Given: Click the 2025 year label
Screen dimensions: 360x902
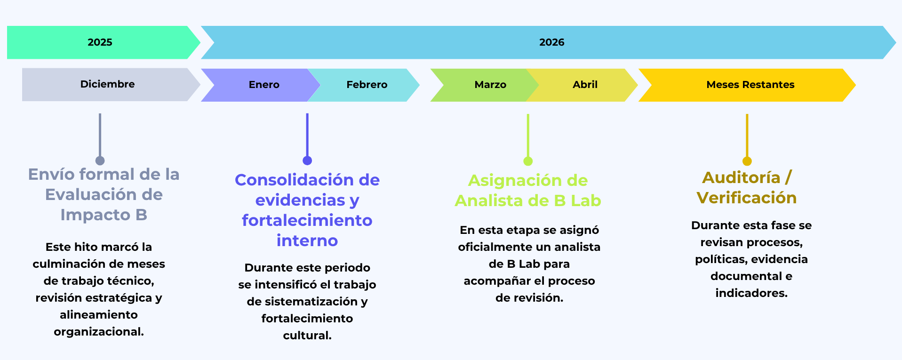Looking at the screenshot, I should click(100, 42).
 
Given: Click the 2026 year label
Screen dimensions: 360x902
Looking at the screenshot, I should click(551, 42).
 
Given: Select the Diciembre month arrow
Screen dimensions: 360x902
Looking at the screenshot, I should click(107, 84).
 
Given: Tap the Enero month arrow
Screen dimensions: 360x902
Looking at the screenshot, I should click(263, 85).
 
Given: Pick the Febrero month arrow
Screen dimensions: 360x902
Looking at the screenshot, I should click(367, 85).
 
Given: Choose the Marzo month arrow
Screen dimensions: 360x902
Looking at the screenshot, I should click(490, 85).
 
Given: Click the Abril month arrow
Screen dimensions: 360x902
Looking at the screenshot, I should click(585, 85).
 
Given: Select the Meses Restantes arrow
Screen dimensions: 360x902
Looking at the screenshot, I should click(750, 85).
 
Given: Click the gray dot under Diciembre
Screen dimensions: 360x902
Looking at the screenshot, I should click(100, 160).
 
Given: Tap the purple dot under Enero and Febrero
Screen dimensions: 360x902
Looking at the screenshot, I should click(307, 160).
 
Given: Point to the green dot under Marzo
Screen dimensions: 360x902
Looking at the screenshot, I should click(528, 161).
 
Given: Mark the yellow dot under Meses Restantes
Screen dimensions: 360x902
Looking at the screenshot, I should click(747, 161).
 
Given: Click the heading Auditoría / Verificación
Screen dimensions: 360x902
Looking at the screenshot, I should click(747, 187).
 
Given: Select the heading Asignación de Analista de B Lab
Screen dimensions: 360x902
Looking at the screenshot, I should click(528, 191).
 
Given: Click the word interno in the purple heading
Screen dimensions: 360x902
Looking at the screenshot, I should click(307, 240).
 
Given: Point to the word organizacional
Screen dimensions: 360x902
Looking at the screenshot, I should click(98, 332).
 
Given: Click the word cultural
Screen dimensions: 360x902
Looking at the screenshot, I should click(307, 336).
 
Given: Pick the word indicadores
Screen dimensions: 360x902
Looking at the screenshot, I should click(751, 293).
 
